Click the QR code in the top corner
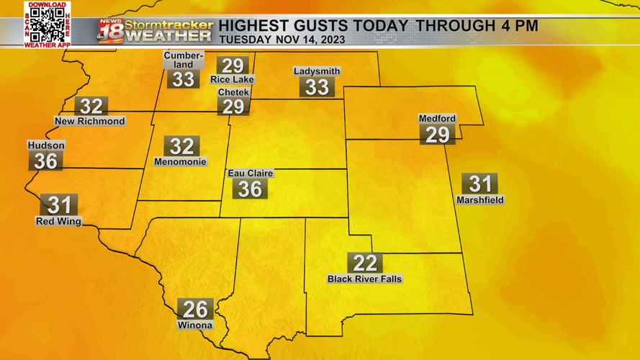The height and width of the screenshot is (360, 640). (x=48, y=25)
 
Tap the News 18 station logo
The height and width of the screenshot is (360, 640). (x=111, y=32)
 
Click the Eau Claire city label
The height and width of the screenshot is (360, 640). (x=250, y=174)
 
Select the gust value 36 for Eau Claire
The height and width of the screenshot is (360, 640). (x=250, y=189)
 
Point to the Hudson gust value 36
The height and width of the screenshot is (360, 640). (x=45, y=161)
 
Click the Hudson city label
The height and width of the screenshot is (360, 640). (x=46, y=145)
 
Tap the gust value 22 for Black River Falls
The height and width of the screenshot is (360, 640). (x=364, y=264)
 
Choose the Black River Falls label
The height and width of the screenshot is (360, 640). (x=364, y=279)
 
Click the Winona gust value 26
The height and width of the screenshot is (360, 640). (x=195, y=310)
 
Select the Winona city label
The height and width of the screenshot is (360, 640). (x=195, y=325)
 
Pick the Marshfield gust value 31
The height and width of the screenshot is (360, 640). (x=479, y=184)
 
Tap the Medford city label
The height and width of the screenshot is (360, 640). (x=437, y=119)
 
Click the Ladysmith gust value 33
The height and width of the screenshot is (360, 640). (x=317, y=87)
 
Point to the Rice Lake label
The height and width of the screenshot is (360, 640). (x=232, y=79)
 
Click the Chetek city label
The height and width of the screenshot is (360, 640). (x=233, y=93)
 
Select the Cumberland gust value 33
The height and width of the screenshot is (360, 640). (x=183, y=79)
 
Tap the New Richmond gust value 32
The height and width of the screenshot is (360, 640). (x=91, y=107)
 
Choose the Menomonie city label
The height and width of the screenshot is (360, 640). (x=180, y=163)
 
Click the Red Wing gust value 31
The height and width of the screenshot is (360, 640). (x=58, y=205)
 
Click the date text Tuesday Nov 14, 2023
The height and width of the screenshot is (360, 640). (x=281, y=40)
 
